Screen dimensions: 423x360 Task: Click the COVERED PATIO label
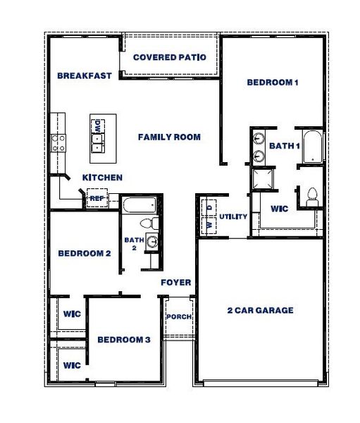click(170, 57)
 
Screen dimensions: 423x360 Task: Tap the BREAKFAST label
click(85, 75)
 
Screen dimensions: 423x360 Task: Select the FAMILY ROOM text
click(169, 137)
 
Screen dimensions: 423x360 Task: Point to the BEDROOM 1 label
click(273, 82)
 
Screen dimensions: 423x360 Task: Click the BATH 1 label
click(285, 145)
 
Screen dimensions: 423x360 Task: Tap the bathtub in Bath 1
click(312, 146)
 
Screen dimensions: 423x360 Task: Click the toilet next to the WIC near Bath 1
click(311, 197)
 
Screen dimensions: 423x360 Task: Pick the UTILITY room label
click(233, 216)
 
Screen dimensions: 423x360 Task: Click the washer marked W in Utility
click(209, 224)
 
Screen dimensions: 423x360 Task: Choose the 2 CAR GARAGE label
click(260, 310)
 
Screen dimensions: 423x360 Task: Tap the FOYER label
click(176, 283)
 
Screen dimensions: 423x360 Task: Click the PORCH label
click(179, 317)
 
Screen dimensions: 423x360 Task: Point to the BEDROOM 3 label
click(124, 340)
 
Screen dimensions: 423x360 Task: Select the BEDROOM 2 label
click(84, 253)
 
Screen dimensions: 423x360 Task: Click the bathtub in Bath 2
click(139, 207)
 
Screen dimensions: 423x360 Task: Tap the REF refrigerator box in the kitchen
click(97, 199)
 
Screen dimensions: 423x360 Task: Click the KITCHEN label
click(102, 178)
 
